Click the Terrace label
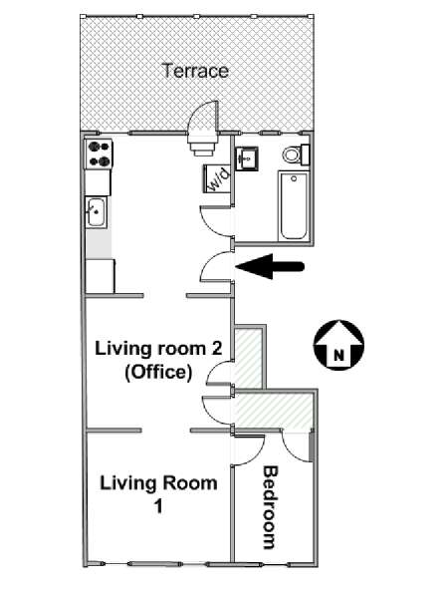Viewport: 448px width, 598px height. [x=195, y=71]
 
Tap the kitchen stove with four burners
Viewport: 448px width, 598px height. [x=99, y=154]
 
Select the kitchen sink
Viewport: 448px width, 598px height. [x=96, y=212]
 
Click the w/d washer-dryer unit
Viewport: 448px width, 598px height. [x=217, y=178]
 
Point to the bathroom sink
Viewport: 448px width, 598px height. [x=247, y=158]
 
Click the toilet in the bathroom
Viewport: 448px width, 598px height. [x=296, y=154]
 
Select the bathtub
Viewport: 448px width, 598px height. [x=294, y=206]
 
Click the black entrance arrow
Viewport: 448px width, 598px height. [x=270, y=266]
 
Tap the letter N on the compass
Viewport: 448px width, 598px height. [x=338, y=356]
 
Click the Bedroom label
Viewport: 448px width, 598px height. [x=270, y=507]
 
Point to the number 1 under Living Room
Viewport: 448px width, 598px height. [x=158, y=507]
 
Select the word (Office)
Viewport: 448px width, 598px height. [x=158, y=372]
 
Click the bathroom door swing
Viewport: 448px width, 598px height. [x=216, y=220]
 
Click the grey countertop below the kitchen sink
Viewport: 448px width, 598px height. [x=99, y=244]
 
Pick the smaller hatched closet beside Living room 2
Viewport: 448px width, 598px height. [x=248, y=359]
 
